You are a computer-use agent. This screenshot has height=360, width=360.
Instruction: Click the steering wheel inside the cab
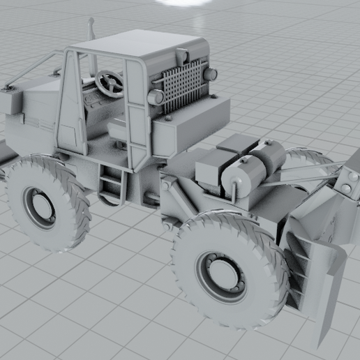(110, 83)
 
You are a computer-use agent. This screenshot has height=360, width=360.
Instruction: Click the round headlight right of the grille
(211, 73)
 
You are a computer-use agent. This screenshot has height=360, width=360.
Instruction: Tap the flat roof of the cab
(140, 45)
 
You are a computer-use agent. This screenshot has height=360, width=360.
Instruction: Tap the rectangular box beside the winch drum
(211, 170)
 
